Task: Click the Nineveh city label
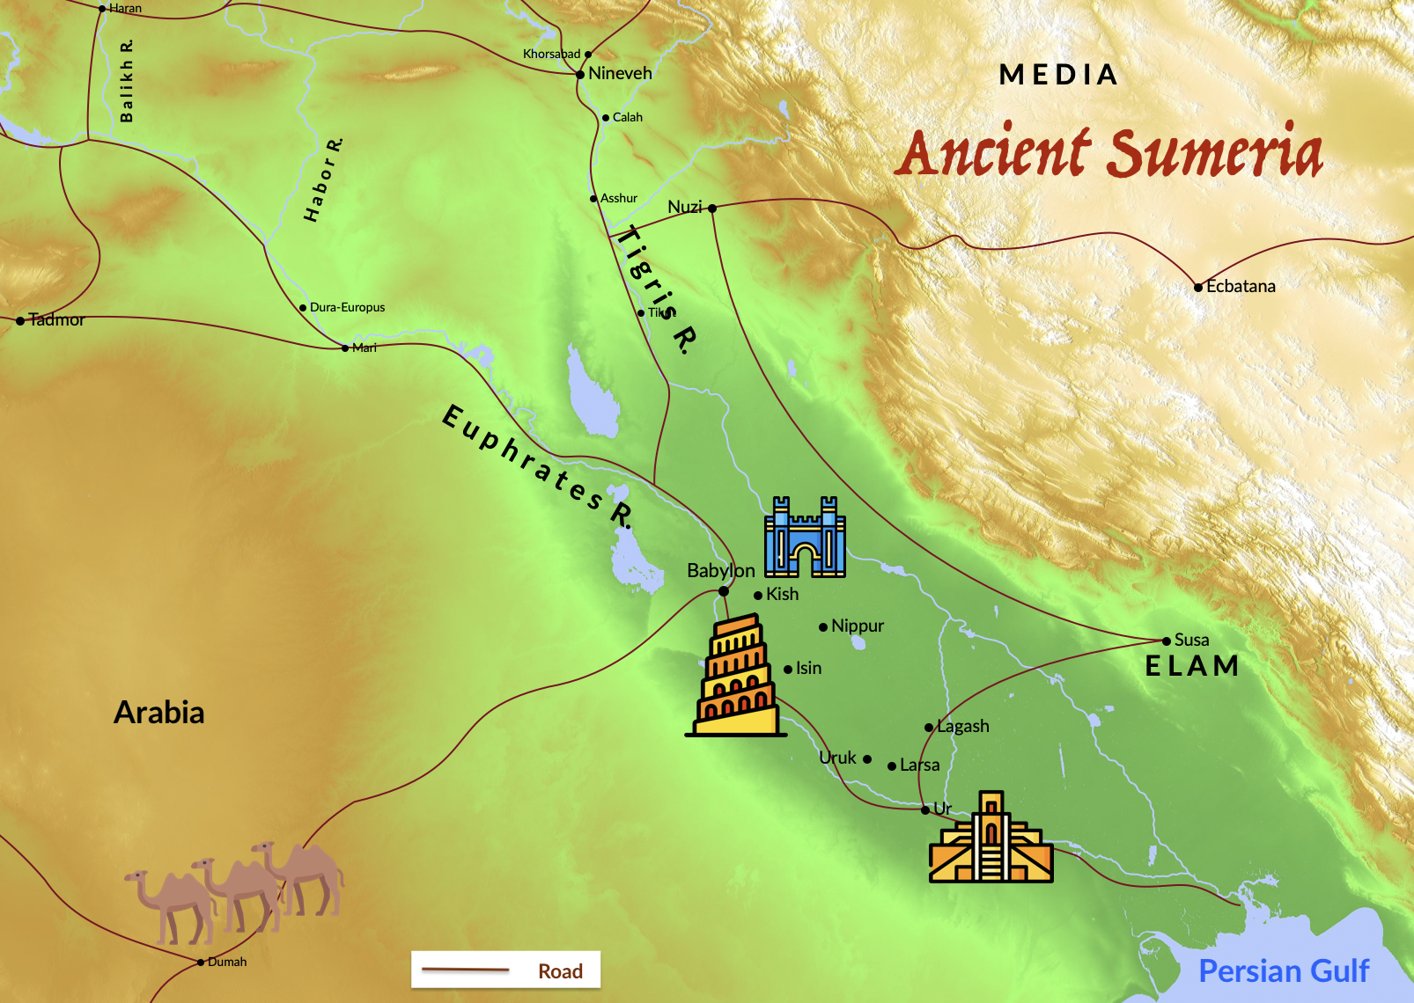[x=620, y=74]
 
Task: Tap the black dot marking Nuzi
[x=712, y=209]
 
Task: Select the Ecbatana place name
[x=1241, y=287]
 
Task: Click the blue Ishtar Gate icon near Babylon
[x=805, y=538]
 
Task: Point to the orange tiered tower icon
[x=736, y=676]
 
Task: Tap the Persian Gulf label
[x=1283, y=971]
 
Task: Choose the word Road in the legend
[x=560, y=971]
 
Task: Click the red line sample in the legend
[x=465, y=970]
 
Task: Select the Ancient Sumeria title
[x=1109, y=152]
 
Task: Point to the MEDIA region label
[x=1058, y=76]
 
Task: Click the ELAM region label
[x=1192, y=667]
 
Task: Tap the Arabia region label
[x=159, y=713]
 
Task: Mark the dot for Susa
[x=1167, y=641]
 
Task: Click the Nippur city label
[x=857, y=626]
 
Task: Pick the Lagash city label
[x=962, y=727]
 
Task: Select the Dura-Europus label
[x=347, y=308]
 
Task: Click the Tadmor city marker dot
[x=20, y=320]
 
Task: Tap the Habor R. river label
[x=323, y=180]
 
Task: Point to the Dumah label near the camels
[x=227, y=963]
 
